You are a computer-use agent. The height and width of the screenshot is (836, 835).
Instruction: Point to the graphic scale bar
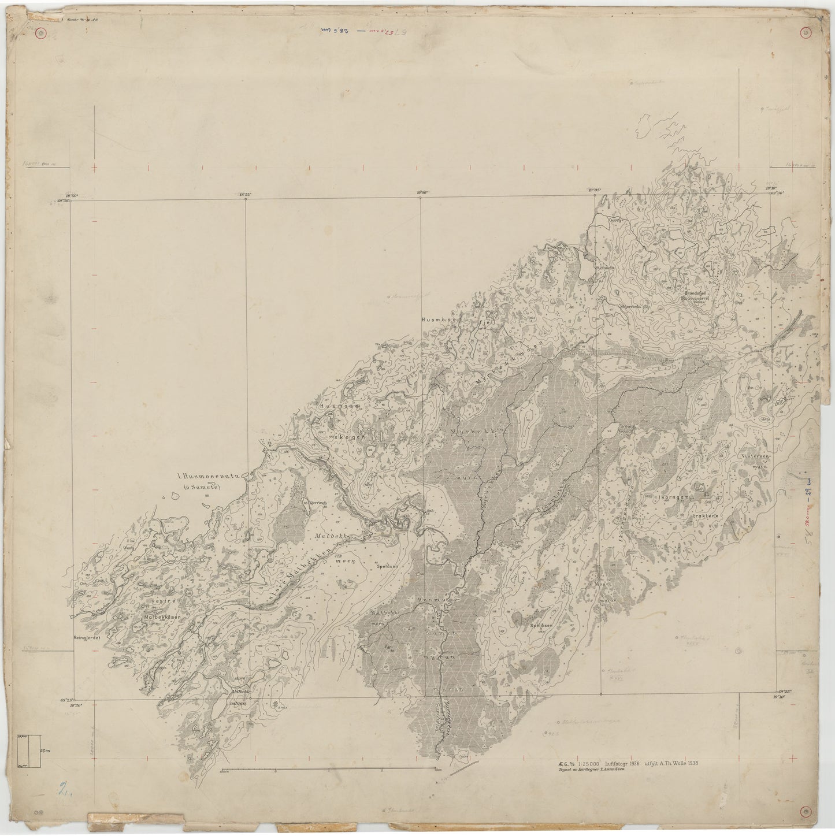[328, 770]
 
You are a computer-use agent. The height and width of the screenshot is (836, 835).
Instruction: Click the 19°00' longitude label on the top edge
[421, 195]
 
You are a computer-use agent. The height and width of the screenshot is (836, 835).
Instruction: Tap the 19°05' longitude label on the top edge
[595, 190]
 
